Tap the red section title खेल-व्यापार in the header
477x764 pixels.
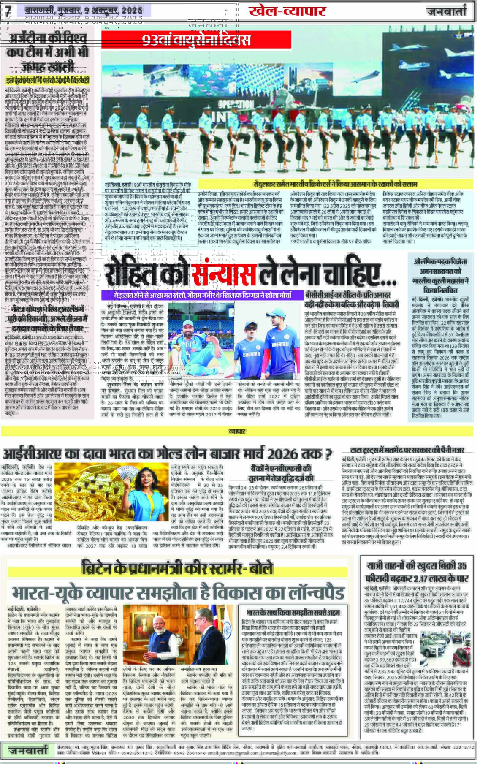(287, 11)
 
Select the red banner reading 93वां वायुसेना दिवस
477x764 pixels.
(197, 40)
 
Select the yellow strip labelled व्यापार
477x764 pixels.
(237, 431)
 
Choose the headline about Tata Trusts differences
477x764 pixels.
(407, 451)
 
